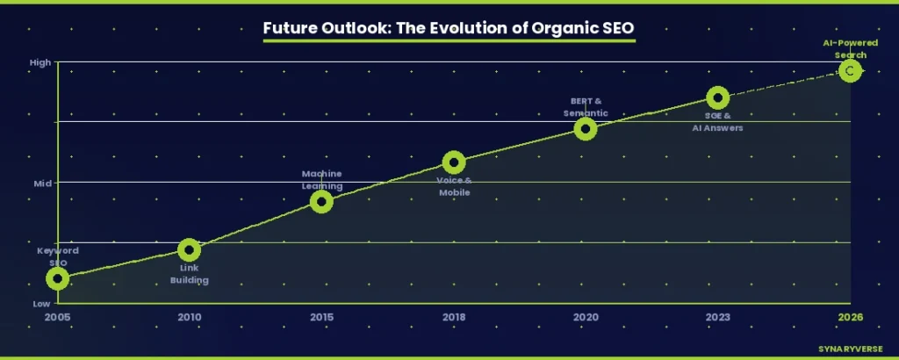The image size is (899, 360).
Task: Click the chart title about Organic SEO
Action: (449, 28)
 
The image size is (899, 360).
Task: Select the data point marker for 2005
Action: (57, 278)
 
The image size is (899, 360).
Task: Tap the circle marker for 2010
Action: (189, 250)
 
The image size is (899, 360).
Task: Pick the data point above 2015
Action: (321, 202)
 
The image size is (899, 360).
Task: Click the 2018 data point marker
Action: (453, 162)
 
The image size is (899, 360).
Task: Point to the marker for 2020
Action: (586, 129)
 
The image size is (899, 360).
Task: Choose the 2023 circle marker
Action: (717, 97)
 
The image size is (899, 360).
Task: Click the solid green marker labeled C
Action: (849, 70)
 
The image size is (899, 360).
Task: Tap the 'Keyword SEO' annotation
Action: (57, 256)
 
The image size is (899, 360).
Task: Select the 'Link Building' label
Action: (189, 274)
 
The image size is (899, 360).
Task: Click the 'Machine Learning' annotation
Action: (321, 179)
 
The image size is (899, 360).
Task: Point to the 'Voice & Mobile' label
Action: (454, 186)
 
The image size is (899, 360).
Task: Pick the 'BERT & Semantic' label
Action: (586, 106)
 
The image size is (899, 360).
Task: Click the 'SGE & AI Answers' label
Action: (717, 121)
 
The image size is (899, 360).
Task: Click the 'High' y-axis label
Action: (40, 62)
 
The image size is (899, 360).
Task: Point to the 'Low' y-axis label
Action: (41, 303)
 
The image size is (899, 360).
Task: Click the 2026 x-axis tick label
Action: (849, 316)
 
